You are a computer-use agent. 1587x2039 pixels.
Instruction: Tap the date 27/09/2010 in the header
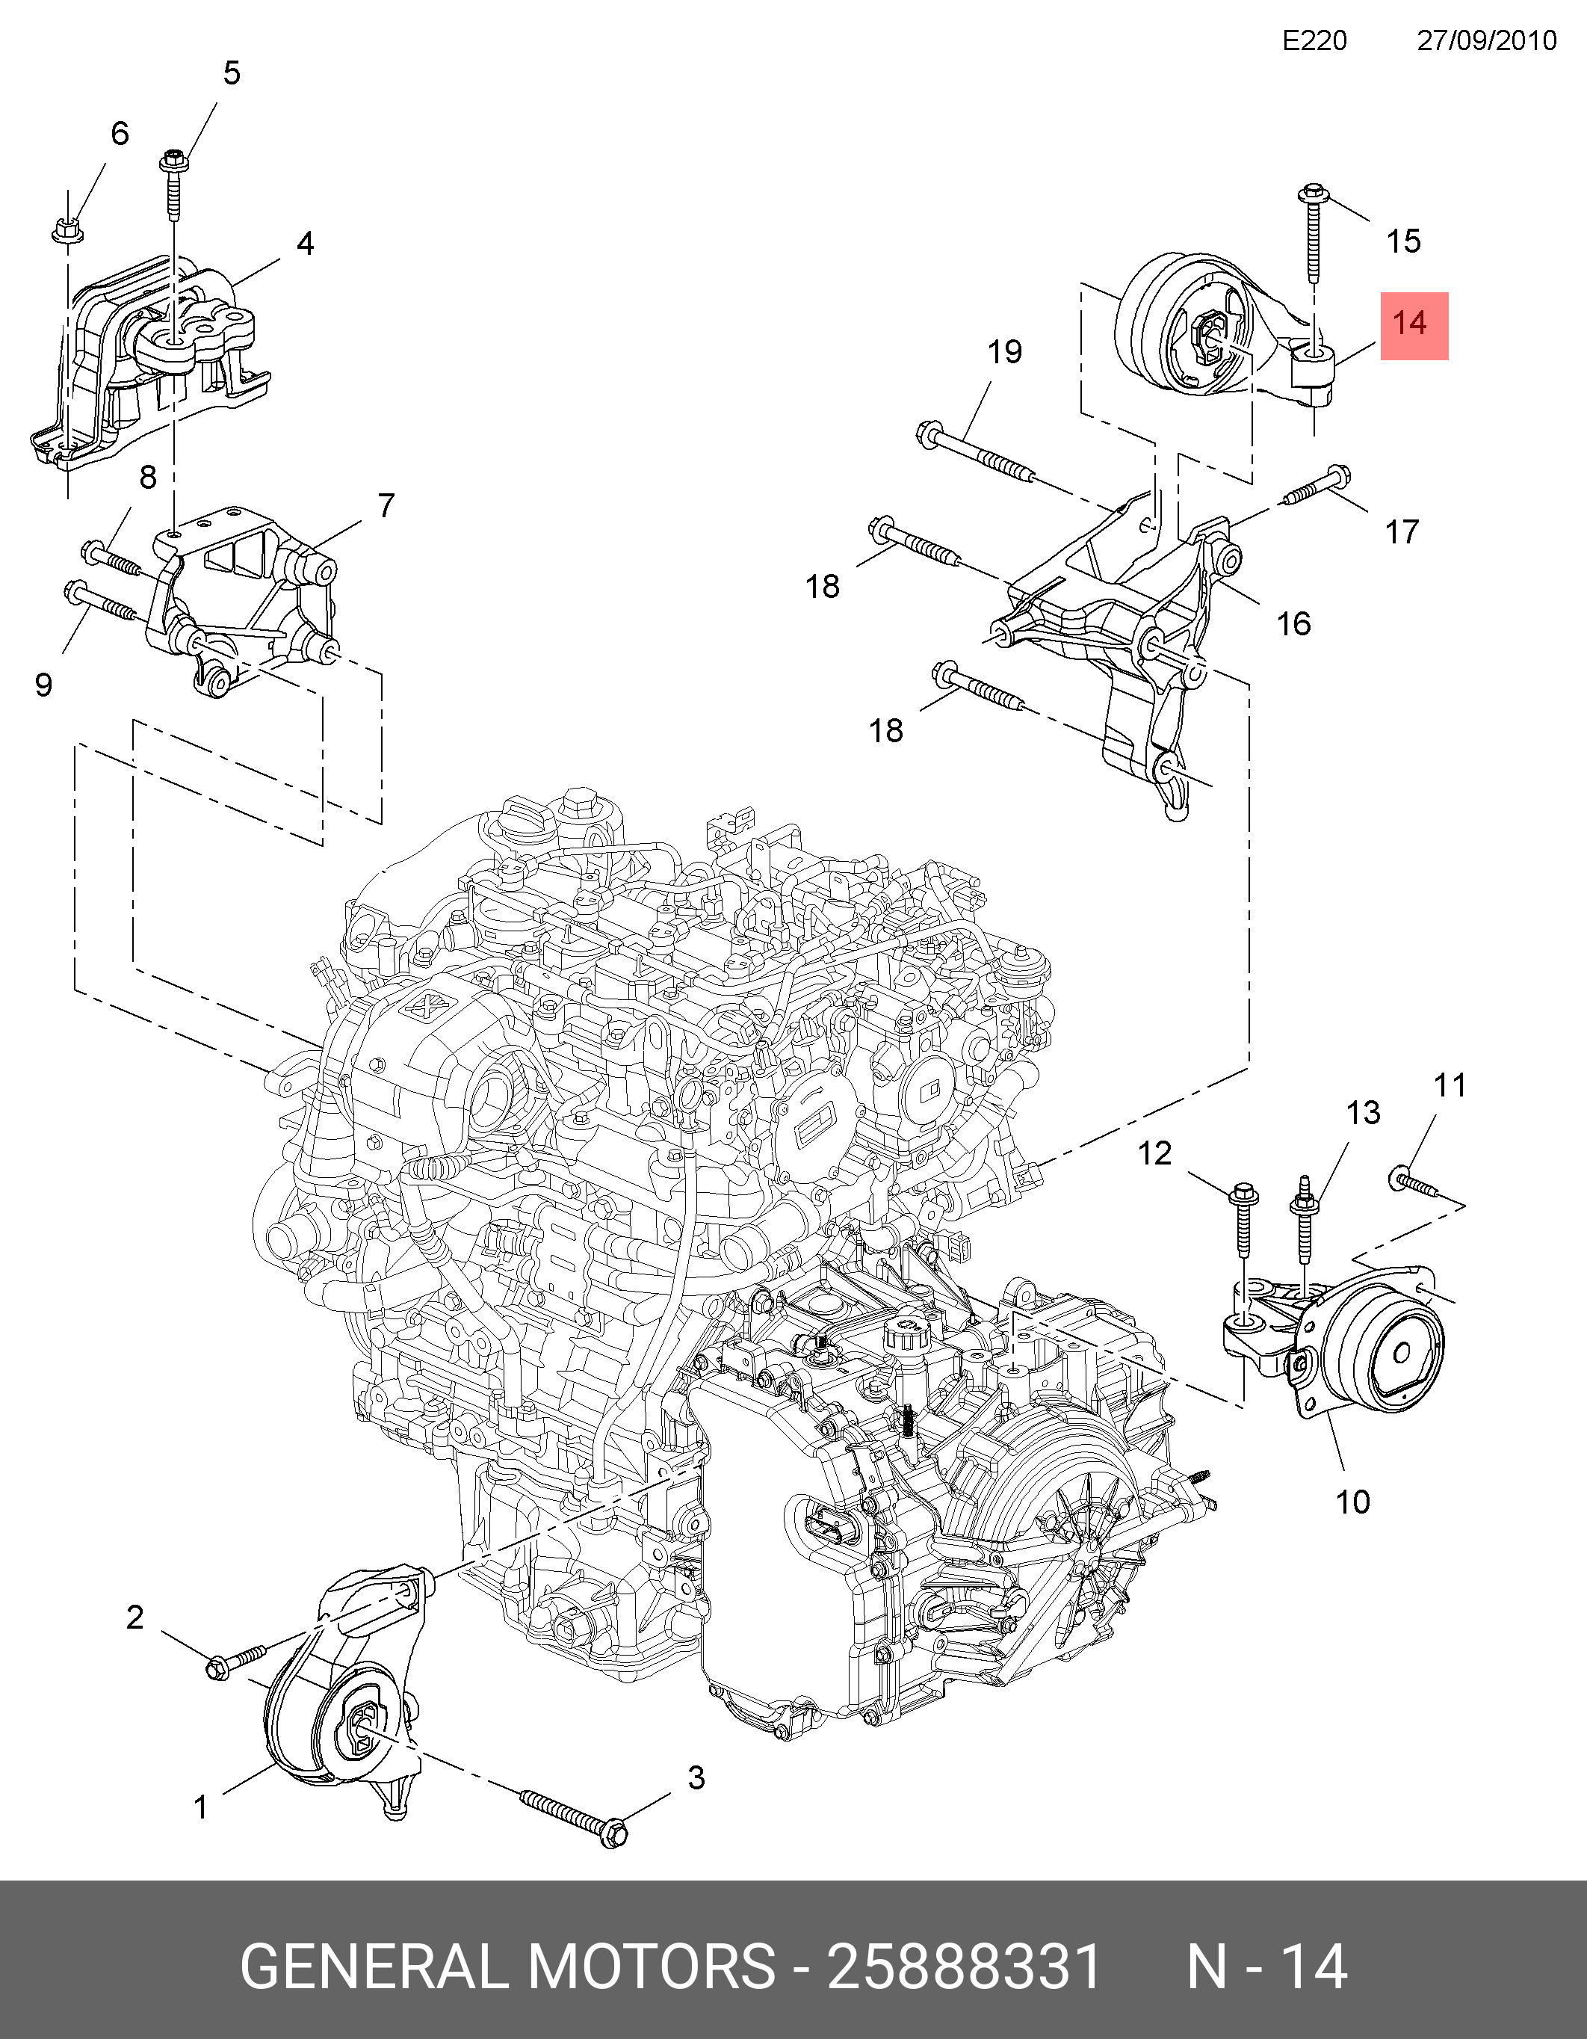(1487, 41)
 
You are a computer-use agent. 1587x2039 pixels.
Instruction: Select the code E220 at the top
(1314, 41)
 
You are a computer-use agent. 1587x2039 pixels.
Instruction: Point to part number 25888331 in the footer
(965, 1966)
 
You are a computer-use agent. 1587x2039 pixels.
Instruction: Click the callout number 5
(232, 73)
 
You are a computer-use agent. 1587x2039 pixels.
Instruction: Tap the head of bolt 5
(173, 160)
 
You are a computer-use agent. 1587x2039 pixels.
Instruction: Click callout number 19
(1004, 352)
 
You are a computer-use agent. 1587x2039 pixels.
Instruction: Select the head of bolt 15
(1313, 195)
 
